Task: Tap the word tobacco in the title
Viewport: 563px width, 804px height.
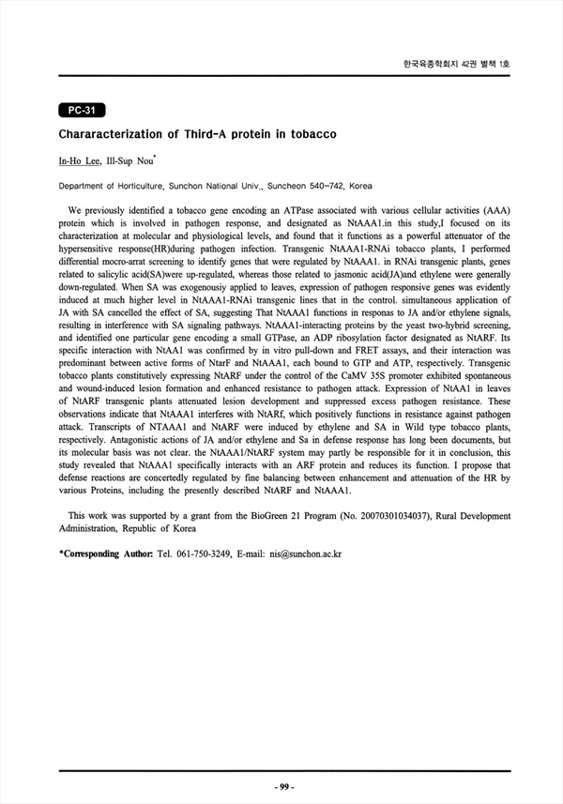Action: (x=311, y=135)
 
